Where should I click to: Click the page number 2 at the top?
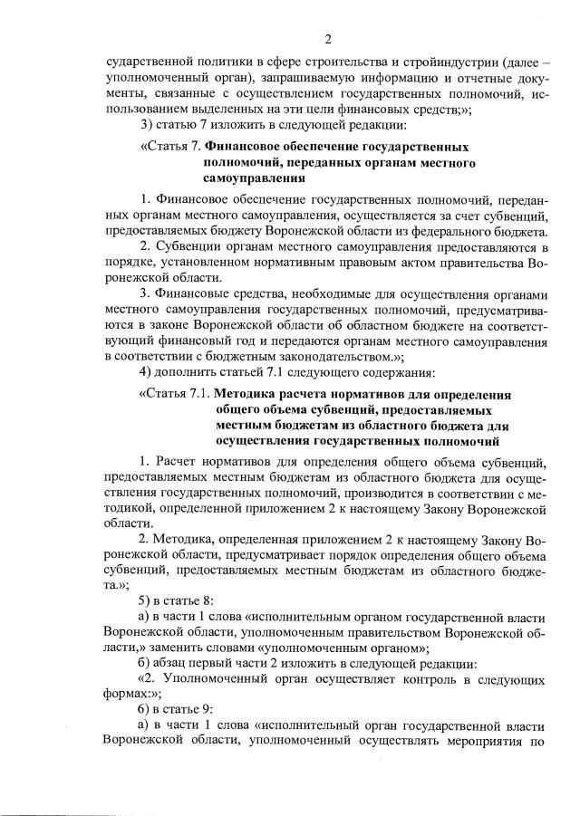(x=327, y=38)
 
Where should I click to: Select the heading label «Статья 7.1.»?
(x=176, y=394)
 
